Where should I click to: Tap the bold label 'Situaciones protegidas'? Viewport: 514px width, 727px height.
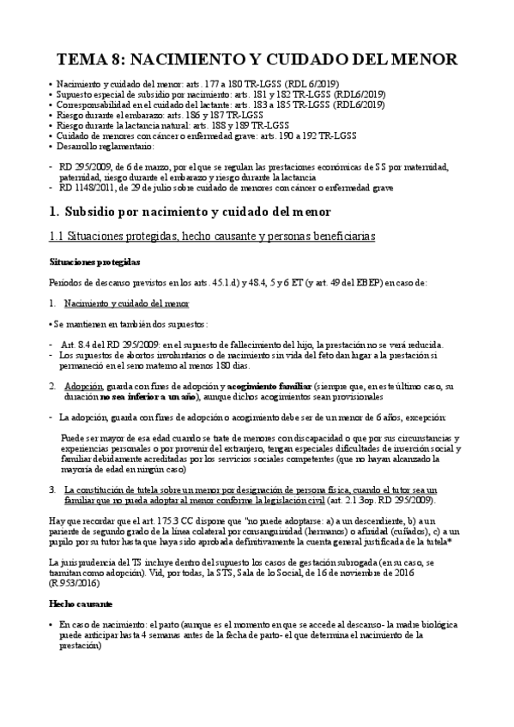(x=88, y=261)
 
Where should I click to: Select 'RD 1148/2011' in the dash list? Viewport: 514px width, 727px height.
(x=88, y=186)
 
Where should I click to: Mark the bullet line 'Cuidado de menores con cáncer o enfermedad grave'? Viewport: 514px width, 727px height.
(x=206, y=135)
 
